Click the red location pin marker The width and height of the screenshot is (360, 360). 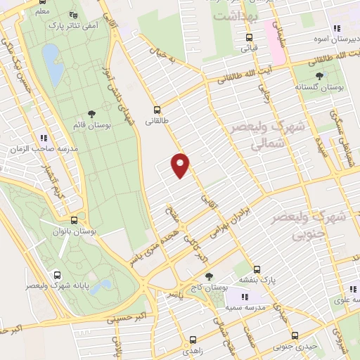[x=181, y=165]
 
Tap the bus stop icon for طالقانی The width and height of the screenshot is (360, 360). [x=157, y=109]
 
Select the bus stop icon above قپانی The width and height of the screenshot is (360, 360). [x=249, y=38]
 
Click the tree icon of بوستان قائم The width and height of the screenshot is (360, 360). [x=91, y=114]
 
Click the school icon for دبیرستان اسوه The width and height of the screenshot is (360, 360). [x=337, y=28]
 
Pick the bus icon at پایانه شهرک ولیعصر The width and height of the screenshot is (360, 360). [x=56, y=275]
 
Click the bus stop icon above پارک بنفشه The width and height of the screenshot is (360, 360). [x=256, y=269]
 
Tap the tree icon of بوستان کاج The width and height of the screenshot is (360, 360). [x=208, y=277]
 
